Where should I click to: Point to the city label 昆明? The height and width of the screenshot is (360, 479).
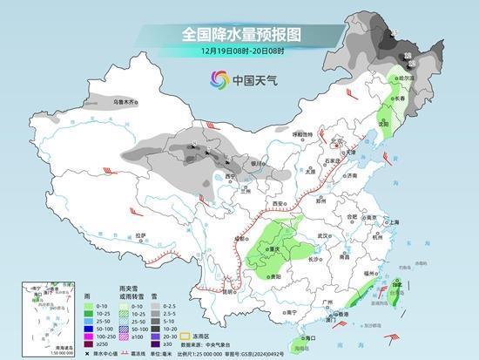click(229, 294)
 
